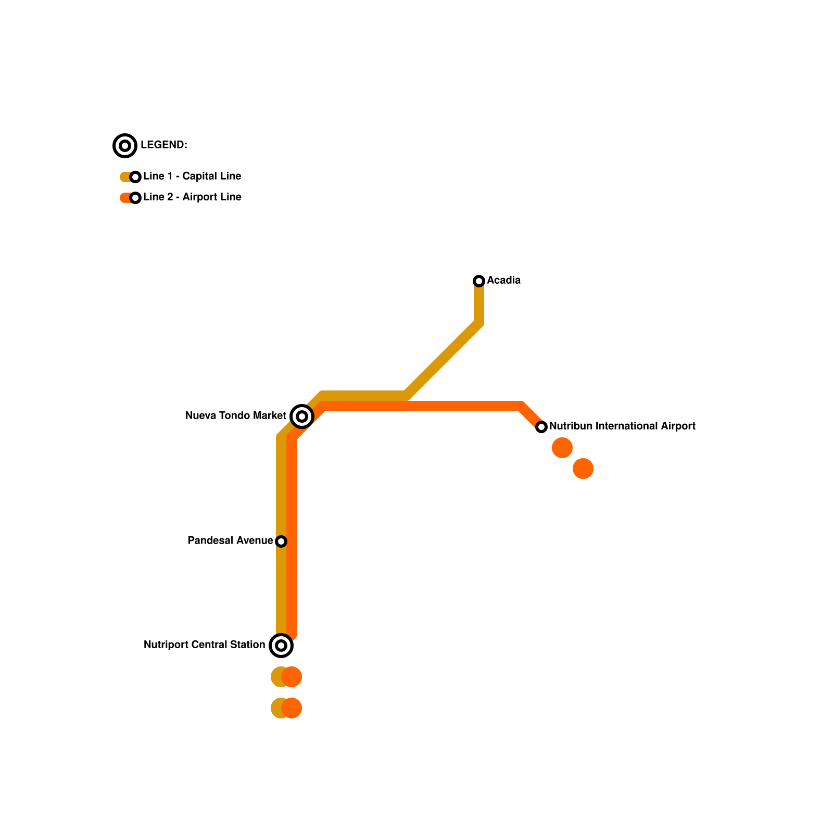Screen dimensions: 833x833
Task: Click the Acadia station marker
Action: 479,281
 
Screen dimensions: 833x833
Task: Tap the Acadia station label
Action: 503,281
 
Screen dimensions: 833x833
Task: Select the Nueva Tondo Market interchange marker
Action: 302,416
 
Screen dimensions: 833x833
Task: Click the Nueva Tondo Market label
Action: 235,416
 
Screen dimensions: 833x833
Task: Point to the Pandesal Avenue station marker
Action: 281,541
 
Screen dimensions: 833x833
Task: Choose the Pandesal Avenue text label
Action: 230,541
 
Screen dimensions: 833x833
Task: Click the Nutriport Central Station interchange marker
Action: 281,646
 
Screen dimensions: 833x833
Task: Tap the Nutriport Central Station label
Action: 204,645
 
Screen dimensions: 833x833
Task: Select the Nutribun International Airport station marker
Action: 541,427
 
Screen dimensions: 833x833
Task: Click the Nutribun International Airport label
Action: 622,426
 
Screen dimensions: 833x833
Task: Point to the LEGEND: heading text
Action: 164,145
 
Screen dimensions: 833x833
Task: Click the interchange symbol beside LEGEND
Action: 125,146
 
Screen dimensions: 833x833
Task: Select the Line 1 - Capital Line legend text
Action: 192,176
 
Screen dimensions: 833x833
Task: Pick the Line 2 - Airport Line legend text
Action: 192,197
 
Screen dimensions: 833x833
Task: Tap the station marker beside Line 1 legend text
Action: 135,177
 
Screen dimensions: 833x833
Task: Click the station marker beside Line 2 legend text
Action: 135,198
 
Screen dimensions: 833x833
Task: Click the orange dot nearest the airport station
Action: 562,448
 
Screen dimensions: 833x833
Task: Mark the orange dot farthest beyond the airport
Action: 583,469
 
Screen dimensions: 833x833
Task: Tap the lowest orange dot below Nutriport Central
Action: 292,708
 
